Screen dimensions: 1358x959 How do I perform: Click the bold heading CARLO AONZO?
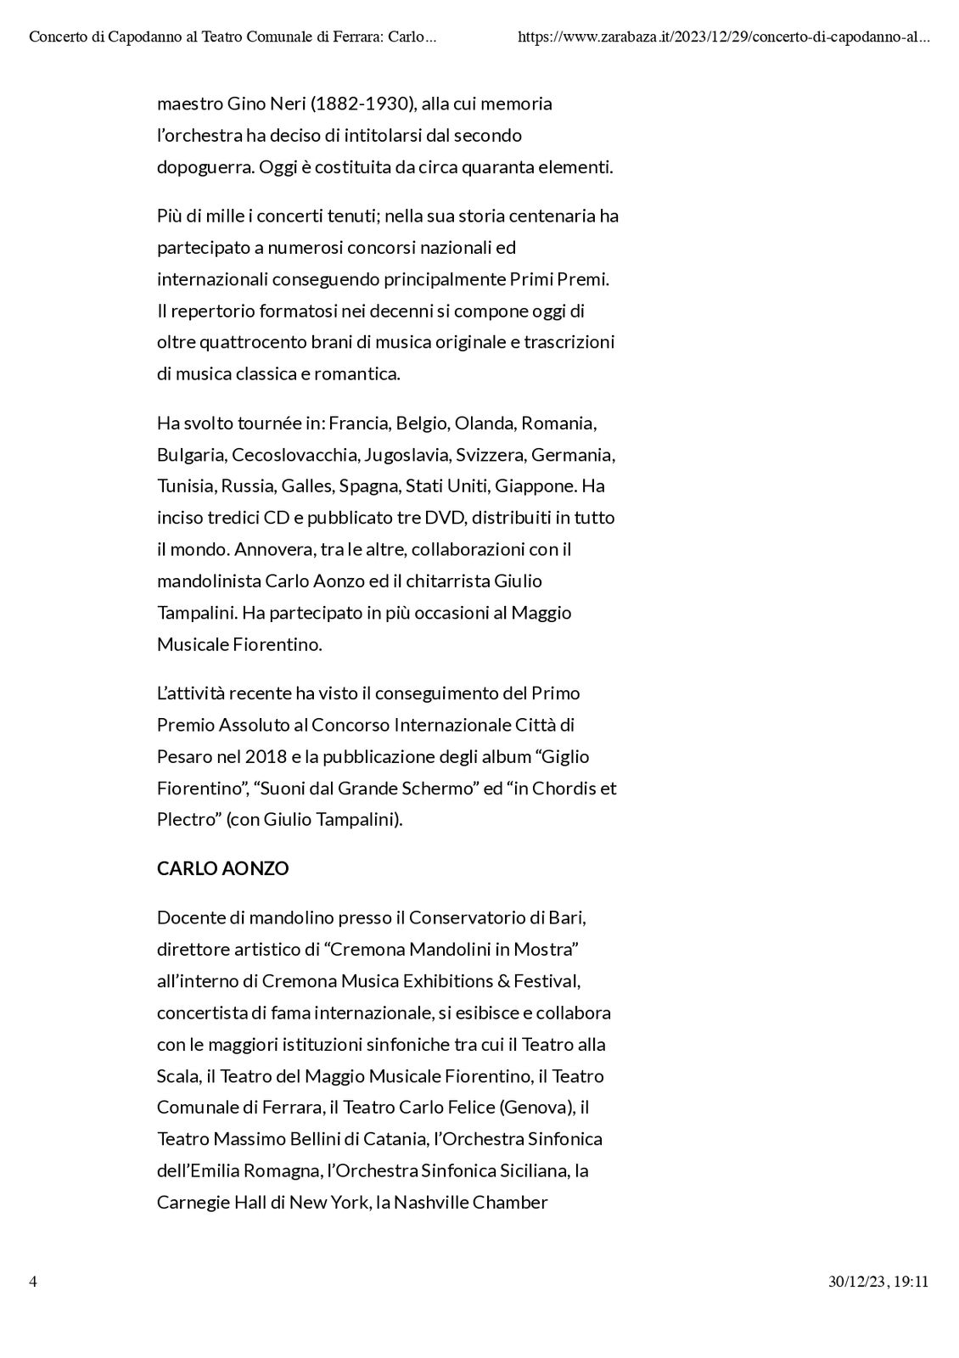[222, 868]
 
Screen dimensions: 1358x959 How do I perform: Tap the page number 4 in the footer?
[33, 1282]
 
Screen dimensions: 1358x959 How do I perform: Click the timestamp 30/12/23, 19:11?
[878, 1282]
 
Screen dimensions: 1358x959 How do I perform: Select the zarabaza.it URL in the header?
[723, 37]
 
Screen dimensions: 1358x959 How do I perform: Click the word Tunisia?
[184, 486]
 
